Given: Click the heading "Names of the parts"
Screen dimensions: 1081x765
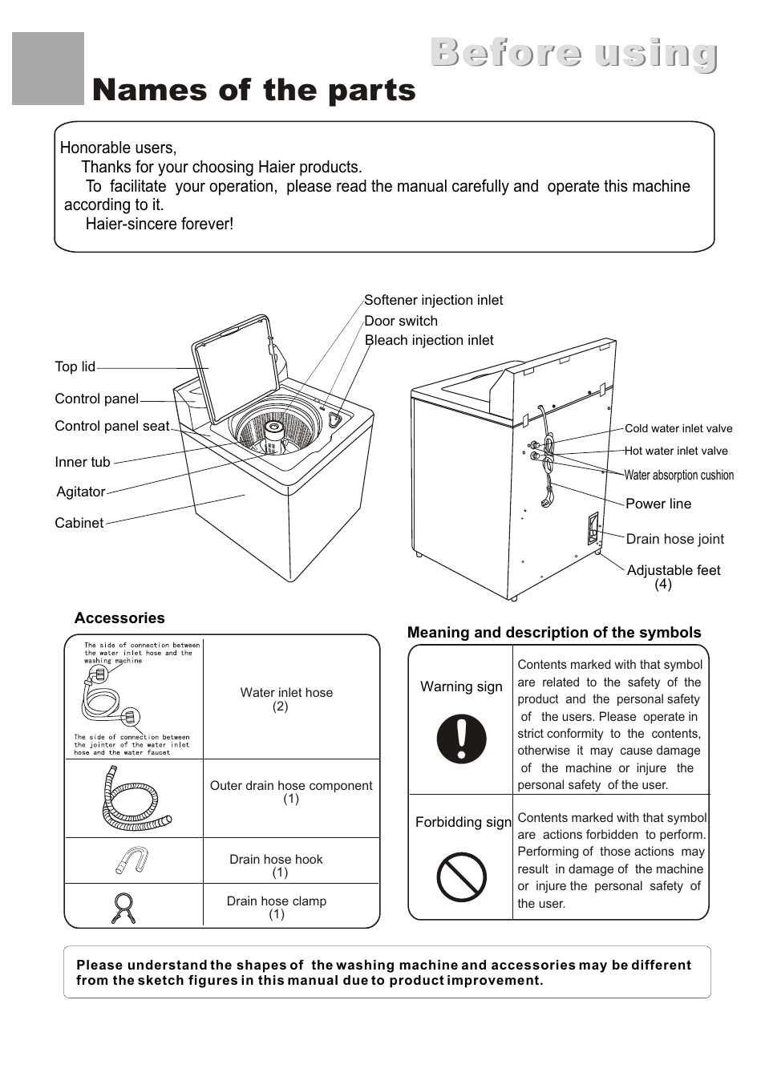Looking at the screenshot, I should [253, 90].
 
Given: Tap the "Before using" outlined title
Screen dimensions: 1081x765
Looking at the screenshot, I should [573, 53].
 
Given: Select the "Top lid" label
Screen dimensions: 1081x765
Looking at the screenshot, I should [75, 366].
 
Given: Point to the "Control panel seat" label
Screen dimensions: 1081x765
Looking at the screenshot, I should [111, 426].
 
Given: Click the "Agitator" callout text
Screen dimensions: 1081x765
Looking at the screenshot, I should [81, 492].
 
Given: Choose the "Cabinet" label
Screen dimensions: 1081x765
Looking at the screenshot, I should [79, 523].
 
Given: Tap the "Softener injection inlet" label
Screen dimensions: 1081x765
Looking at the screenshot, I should [433, 300].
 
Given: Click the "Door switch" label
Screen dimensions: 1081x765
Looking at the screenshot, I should [401, 321].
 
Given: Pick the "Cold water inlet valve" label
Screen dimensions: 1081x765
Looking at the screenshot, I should [678, 428].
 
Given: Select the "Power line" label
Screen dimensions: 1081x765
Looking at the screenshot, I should [658, 504].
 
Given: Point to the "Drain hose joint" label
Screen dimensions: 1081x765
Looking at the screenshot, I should [674, 539].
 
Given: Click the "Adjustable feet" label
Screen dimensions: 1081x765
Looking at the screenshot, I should [674, 570].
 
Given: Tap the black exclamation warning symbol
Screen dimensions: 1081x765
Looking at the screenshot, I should [461, 739].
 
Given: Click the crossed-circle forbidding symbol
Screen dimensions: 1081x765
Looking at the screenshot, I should [461, 877].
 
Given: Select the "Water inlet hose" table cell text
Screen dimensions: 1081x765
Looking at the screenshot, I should [286, 693].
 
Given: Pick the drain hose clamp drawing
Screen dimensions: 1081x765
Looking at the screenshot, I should [123, 908].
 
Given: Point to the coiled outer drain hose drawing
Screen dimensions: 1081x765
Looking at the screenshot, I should [133, 799].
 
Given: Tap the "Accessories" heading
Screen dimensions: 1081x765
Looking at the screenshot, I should [119, 618].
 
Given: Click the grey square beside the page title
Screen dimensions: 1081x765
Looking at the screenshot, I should [48, 69].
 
